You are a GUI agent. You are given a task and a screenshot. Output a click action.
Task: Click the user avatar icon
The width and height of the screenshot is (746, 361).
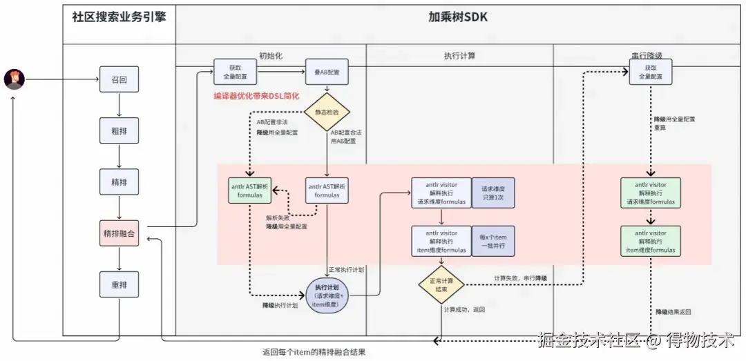pyautogui.click(x=14, y=79)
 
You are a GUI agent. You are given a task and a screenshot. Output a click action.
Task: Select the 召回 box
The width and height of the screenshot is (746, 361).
pyautogui.click(x=119, y=79)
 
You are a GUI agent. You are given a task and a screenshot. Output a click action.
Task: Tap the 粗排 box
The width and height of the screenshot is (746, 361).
pyautogui.click(x=119, y=131)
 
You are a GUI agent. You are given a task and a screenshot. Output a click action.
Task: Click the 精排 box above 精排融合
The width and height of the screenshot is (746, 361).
pyautogui.click(x=119, y=183)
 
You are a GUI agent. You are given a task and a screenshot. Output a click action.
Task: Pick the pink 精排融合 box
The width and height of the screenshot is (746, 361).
pyautogui.click(x=119, y=234)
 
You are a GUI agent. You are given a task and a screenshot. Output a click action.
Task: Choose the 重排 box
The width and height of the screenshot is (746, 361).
pyautogui.click(x=119, y=284)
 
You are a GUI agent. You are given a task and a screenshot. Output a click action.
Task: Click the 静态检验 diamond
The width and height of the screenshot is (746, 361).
pyautogui.click(x=327, y=112)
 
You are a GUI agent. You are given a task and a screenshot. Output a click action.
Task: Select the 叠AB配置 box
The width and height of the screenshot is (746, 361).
pyautogui.click(x=327, y=71)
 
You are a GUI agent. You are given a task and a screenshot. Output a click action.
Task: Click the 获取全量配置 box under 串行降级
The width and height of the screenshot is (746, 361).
pyautogui.click(x=651, y=72)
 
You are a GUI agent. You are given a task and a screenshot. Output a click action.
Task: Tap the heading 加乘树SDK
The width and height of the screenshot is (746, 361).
pyautogui.click(x=457, y=17)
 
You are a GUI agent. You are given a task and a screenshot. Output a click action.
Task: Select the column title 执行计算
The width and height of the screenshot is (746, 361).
pyautogui.click(x=459, y=56)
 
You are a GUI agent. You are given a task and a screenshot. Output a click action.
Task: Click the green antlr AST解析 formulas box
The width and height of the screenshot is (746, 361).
pyautogui.click(x=250, y=190)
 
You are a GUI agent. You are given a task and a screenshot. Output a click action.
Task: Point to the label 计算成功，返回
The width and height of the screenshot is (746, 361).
pyautogui.click(x=464, y=310)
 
